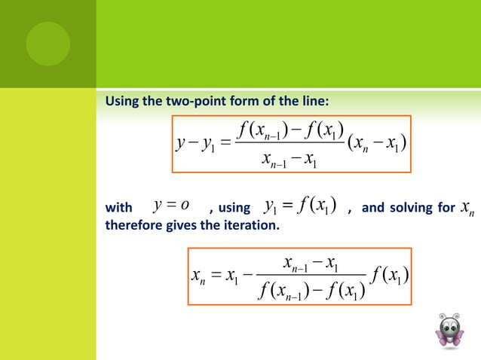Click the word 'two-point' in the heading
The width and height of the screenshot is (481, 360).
pos(178,102)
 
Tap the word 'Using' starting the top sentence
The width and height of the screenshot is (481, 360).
pos(121,102)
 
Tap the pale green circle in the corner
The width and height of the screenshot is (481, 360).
pos(47,43)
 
